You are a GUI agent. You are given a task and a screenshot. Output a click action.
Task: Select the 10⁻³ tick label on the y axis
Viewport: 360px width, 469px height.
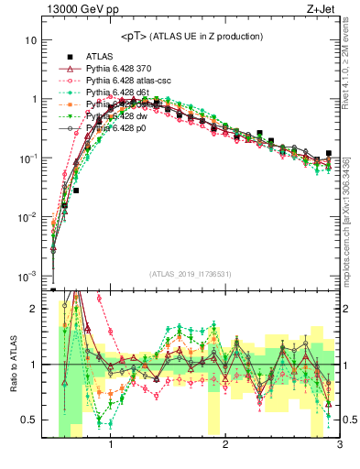(28, 276)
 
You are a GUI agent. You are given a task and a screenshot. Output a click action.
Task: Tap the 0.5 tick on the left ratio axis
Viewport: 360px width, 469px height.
(29, 420)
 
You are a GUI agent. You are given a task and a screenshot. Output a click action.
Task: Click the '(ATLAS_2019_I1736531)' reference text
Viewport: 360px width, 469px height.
(191, 274)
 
